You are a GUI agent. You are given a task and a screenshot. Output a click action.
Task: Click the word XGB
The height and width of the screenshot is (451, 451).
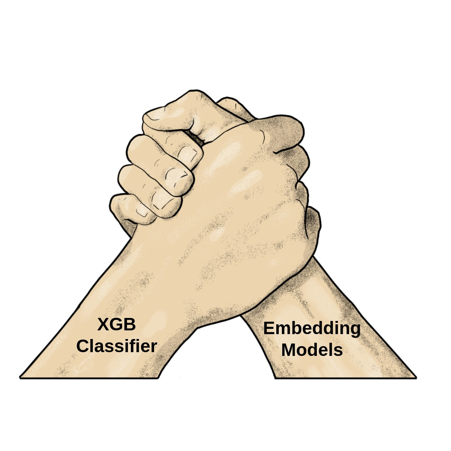pos(117,324)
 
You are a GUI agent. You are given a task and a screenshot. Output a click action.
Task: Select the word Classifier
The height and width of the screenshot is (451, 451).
pos(117,346)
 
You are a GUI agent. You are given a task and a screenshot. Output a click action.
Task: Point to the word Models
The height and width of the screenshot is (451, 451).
pos(312,350)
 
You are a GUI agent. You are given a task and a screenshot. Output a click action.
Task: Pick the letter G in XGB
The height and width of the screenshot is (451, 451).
pos(116,324)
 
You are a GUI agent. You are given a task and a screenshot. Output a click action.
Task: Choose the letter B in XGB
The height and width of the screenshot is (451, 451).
pos(129,324)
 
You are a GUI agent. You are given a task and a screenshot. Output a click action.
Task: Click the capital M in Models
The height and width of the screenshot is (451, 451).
pos(289,350)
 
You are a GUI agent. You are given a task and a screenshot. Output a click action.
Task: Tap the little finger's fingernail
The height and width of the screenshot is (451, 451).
pos(142,212)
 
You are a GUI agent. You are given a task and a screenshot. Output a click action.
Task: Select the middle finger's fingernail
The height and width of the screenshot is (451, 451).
pos(176,174)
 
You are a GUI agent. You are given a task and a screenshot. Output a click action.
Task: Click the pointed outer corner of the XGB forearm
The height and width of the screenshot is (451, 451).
pos(21,377)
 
